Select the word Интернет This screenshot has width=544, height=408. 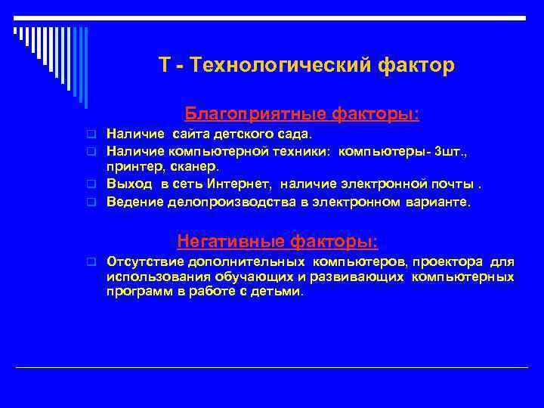tap(234, 184)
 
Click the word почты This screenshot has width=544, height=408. tap(455, 184)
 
